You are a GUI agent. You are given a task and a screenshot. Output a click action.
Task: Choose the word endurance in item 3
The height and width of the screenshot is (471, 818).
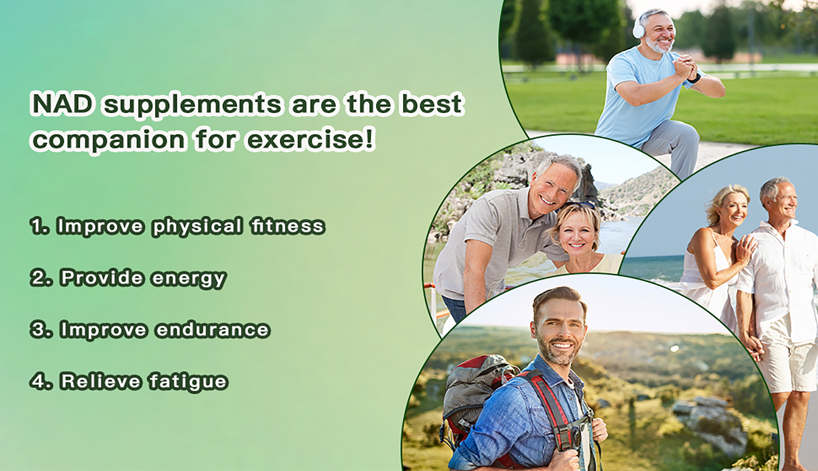(x=213, y=329)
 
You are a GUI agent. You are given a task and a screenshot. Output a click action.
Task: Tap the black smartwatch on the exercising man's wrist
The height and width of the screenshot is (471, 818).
(x=694, y=78)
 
